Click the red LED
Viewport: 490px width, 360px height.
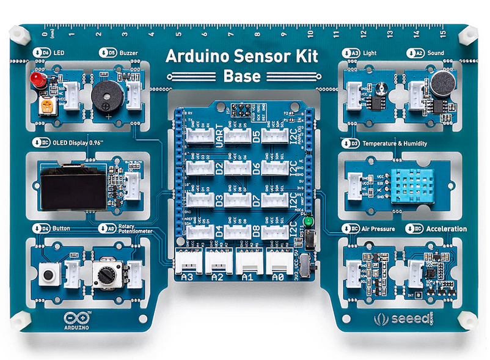click(38, 81)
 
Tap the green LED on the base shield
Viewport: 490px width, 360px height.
click(309, 221)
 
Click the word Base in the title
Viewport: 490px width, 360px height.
click(242, 76)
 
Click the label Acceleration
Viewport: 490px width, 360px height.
click(446, 229)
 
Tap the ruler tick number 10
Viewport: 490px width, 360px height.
click(312, 34)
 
